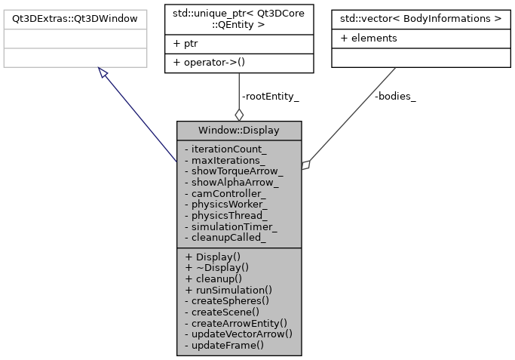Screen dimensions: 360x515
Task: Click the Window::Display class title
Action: click(239, 130)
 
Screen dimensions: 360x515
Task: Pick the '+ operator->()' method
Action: click(209, 62)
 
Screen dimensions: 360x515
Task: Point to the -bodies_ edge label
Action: click(395, 96)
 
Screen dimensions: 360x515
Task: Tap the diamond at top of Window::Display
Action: click(239, 114)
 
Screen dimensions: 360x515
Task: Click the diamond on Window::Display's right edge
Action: click(306, 165)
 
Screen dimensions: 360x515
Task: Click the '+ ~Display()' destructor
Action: click(216, 267)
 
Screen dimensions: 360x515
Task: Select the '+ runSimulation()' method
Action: click(228, 289)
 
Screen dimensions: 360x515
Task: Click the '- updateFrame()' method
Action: click(224, 344)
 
